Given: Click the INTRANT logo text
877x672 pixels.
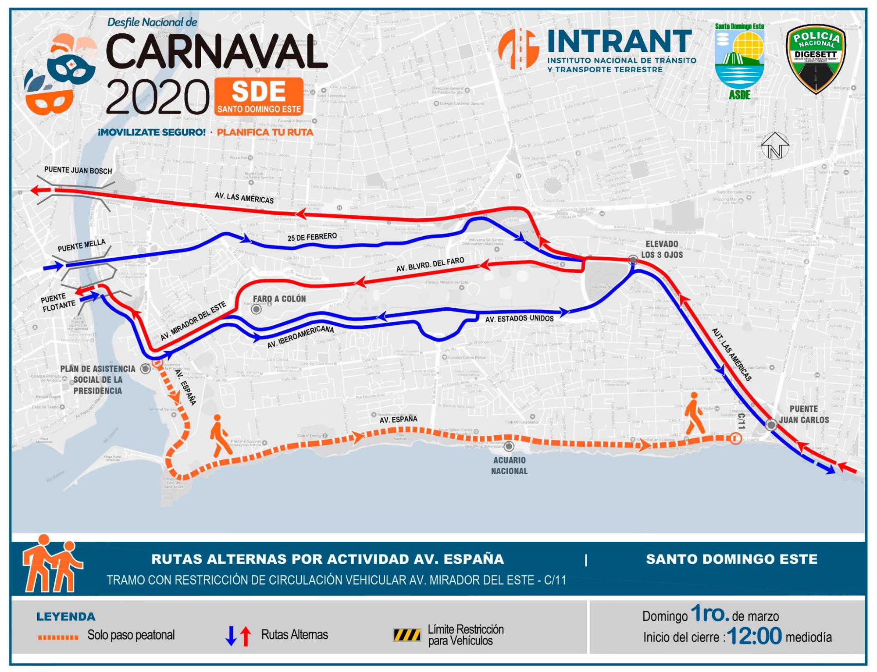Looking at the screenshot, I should point(619,42).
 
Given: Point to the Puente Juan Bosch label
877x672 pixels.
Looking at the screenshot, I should point(78,171).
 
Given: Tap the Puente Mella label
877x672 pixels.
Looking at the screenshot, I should point(82,245).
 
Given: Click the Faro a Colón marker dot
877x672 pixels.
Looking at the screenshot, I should point(256,309).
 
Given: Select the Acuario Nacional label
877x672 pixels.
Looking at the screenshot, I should point(509,466).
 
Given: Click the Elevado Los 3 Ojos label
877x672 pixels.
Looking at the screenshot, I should point(662,249).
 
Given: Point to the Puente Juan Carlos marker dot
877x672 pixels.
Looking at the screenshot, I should point(771,424).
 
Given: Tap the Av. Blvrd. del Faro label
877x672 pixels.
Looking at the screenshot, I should point(430,264).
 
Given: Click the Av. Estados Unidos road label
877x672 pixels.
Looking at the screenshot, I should point(519,318).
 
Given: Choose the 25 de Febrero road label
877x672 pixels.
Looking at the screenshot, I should point(312,237).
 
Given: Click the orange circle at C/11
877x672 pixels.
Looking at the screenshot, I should point(735,438).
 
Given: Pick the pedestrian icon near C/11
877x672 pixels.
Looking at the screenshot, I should point(694,413).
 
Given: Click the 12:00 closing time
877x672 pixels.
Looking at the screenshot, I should point(754,636).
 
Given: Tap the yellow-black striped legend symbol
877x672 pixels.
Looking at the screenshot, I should point(407,635).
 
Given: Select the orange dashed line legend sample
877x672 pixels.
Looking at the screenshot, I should point(58,637).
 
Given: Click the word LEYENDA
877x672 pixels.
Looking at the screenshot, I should point(66,617).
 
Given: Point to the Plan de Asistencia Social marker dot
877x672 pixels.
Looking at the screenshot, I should point(145,369).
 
